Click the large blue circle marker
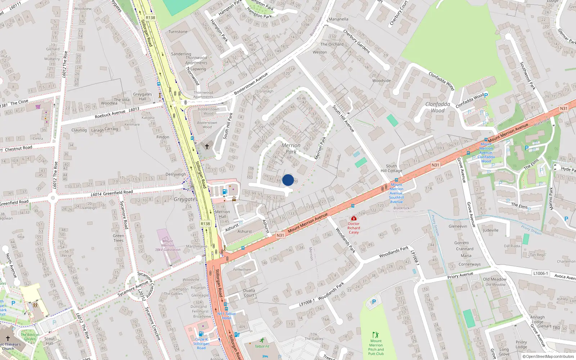pyautogui.click(x=288, y=180)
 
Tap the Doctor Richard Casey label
pyautogui.click(x=354, y=228)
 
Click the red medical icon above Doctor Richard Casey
pyautogui.click(x=354, y=218)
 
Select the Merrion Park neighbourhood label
pyautogui.click(x=291, y=148)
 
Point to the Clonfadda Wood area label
pyautogui.click(x=438, y=107)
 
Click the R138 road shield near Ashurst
pyautogui.click(x=205, y=224)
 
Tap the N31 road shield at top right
pyautogui.click(x=563, y=108)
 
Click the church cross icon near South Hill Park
pyautogui.click(x=207, y=147)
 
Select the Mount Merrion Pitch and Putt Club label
pyautogui.click(x=376, y=347)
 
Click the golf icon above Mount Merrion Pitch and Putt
pyautogui.click(x=376, y=334)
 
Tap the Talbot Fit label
pyautogui.click(x=262, y=346)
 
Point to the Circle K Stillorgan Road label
pyautogui.click(x=201, y=343)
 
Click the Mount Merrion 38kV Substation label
pyautogui.click(x=167, y=245)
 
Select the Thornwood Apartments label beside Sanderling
pyautogui.click(x=196, y=60)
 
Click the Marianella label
pyautogui.click(x=338, y=19)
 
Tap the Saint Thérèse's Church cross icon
pyautogui.click(x=8, y=338)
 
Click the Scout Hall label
pyautogui.click(x=50, y=341)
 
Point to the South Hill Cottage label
pyautogui.click(x=391, y=168)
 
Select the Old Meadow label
pyautogui.click(x=495, y=279)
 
